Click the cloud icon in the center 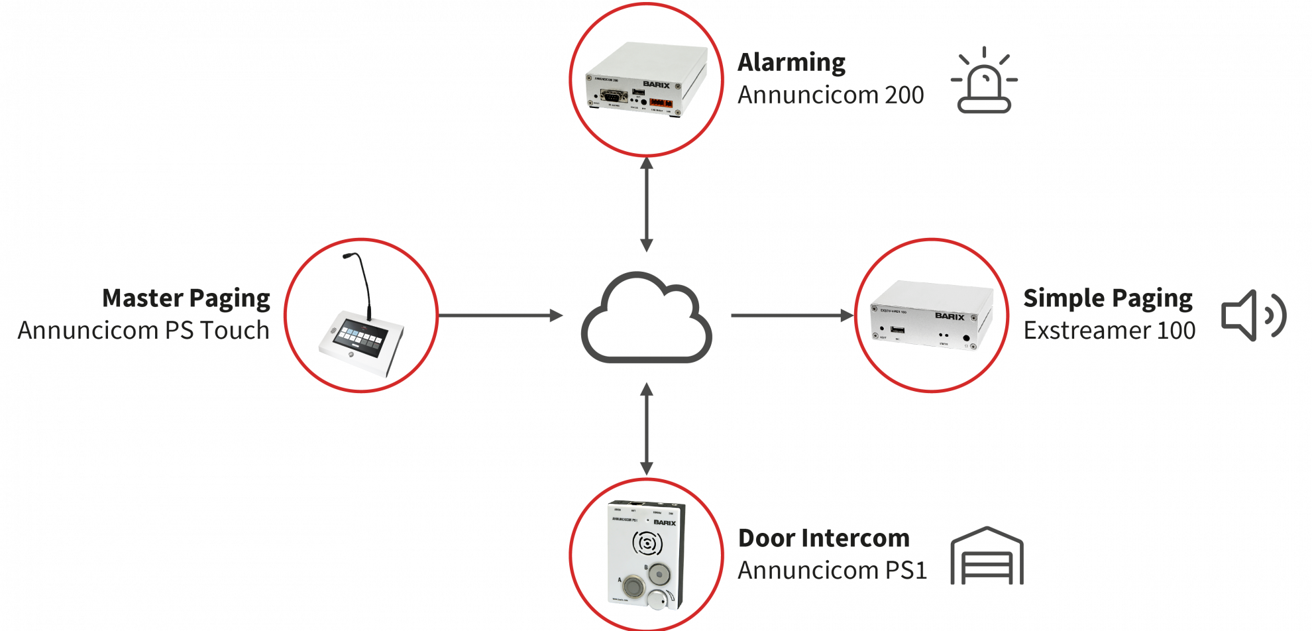(647, 318)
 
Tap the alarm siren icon (985, 81)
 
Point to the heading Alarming (792, 62)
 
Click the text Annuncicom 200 (831, 95)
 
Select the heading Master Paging (186, 298)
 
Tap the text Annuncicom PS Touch (144, 330)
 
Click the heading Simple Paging (1108, 298)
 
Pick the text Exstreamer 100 (1110, 330)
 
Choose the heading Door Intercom (824, 538)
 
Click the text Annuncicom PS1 (832, 570)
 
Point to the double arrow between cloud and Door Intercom (647, 429)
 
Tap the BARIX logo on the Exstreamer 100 (950, 316)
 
